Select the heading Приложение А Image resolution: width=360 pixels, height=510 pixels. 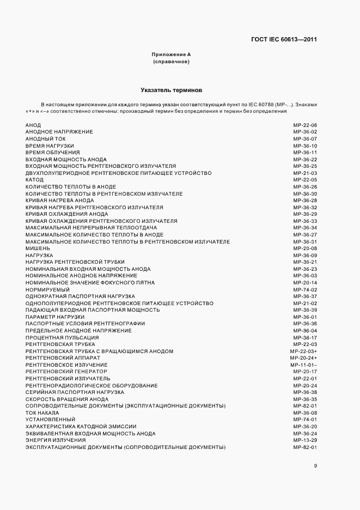pos(171,54)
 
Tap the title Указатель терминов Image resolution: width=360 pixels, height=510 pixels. pos(171,89)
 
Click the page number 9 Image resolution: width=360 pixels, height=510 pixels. pos(315,465)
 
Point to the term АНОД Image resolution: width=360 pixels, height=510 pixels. pos(33,125)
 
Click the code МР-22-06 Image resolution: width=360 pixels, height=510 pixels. pos(305,125)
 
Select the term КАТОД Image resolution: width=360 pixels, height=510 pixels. pos(34,180)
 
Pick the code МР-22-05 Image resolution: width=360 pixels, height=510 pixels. pos(305,180)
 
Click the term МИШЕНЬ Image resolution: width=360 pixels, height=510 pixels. pos(38,248)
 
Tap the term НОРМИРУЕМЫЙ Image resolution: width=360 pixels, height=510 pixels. pos(47,289)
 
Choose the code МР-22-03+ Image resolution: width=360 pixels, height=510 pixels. pos(304,351)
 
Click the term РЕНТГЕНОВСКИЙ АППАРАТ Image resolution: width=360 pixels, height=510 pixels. pos(63,358)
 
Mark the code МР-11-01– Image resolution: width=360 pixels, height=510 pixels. pos(304,365)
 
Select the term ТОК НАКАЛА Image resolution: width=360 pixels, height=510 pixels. pos(42,412)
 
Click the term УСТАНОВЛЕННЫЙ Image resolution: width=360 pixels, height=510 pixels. pos(50,420)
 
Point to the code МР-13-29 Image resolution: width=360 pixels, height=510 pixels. pos(305,440)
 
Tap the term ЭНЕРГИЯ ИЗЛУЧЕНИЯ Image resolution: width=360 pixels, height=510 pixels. pos(56,440)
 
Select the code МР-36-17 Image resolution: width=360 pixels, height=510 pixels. pos(305,337)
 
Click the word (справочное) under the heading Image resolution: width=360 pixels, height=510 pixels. pos(171,62)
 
